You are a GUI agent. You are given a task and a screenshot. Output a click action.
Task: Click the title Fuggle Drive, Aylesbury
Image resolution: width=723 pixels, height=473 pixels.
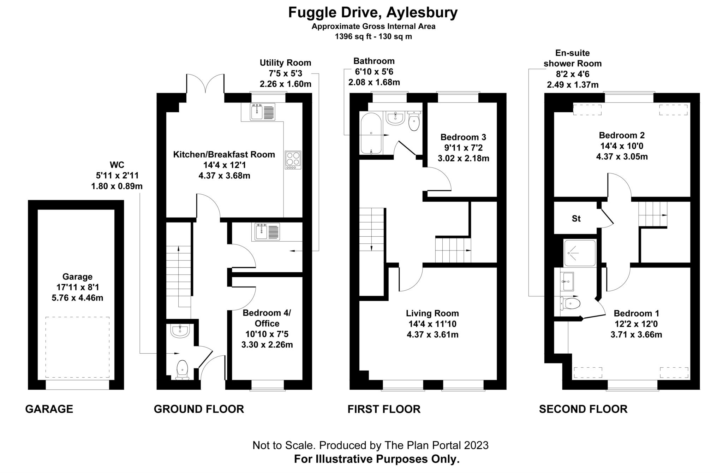click(373, 12)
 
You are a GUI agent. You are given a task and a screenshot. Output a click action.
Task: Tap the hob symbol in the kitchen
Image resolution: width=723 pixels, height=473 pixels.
click(293, 160)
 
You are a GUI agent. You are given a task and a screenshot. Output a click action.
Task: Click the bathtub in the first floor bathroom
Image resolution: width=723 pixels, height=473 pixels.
click(371, 133)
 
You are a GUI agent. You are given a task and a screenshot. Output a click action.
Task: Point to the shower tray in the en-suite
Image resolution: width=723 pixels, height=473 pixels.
click(579, 253)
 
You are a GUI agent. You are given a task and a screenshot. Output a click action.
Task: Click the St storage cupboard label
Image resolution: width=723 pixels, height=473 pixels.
click(576, 219)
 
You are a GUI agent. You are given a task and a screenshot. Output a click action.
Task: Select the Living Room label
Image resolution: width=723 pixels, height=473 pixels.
click(432, 313)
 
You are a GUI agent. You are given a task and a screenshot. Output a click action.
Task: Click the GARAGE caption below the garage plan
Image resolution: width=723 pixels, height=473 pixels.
click(49, 409)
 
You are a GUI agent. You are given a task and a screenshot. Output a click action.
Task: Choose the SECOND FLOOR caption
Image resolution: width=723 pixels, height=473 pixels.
click(583, 409)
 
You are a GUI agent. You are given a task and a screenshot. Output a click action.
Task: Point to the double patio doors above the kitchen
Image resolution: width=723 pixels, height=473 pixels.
click(205, 84)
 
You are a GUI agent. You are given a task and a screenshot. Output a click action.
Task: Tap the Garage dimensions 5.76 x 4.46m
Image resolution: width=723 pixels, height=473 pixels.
click(77, 298)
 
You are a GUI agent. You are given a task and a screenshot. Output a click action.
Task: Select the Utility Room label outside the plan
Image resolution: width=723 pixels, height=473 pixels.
click(285, 63)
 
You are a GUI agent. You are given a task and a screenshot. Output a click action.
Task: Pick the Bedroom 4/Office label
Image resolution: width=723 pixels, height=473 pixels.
click(267, 318)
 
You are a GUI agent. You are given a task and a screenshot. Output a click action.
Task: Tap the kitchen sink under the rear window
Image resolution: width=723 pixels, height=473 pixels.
click(262, 112)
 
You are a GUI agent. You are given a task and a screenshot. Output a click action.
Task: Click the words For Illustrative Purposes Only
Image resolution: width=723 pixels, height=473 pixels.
click(377, 459)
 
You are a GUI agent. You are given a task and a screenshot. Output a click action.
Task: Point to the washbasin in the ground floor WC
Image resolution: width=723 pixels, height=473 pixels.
click(180, 331)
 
